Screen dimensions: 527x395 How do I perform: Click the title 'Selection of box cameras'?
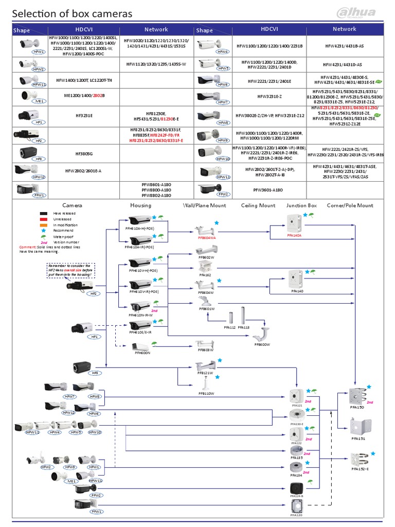coord(73,14)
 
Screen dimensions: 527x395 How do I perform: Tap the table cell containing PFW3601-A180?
coord(268,189)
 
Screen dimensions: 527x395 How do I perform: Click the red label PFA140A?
coord(294,235)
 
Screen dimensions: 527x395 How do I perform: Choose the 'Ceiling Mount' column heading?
coord(258,205)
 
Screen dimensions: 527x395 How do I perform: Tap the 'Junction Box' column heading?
coord(302,205)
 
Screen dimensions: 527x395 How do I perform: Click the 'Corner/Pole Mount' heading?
coord(350,205)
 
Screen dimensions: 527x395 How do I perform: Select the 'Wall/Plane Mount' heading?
coord(205,205)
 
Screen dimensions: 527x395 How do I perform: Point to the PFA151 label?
coord(358,439)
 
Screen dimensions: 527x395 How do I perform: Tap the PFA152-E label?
coord(360,469)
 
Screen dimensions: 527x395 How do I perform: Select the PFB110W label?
coord(206,394)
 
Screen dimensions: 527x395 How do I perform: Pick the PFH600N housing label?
coord(142,354)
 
